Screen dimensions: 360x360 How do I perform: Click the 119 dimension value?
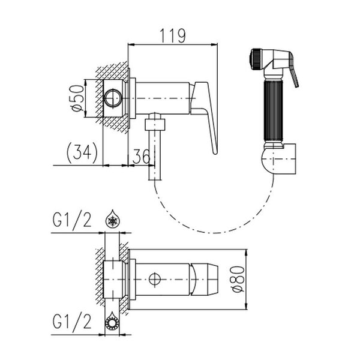172,36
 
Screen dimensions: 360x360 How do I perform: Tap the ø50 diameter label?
77,98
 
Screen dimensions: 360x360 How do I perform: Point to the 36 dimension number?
142,156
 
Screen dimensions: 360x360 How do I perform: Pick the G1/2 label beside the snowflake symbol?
72,220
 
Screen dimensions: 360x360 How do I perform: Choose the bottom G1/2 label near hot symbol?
72,322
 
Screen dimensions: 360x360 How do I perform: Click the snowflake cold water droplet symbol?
113,218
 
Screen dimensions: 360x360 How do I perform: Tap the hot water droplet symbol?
112,321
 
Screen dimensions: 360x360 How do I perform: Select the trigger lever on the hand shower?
294,71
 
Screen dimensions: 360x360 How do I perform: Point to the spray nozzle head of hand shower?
256,59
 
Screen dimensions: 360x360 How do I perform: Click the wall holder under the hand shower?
279,159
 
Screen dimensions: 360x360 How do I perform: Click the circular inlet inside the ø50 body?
113,98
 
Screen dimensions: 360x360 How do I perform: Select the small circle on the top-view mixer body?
155,279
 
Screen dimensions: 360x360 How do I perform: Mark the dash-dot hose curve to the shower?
213,232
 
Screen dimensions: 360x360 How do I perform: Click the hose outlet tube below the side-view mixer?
155,155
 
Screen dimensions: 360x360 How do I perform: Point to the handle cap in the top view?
205,279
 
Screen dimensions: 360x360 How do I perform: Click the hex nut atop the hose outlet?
155,124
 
